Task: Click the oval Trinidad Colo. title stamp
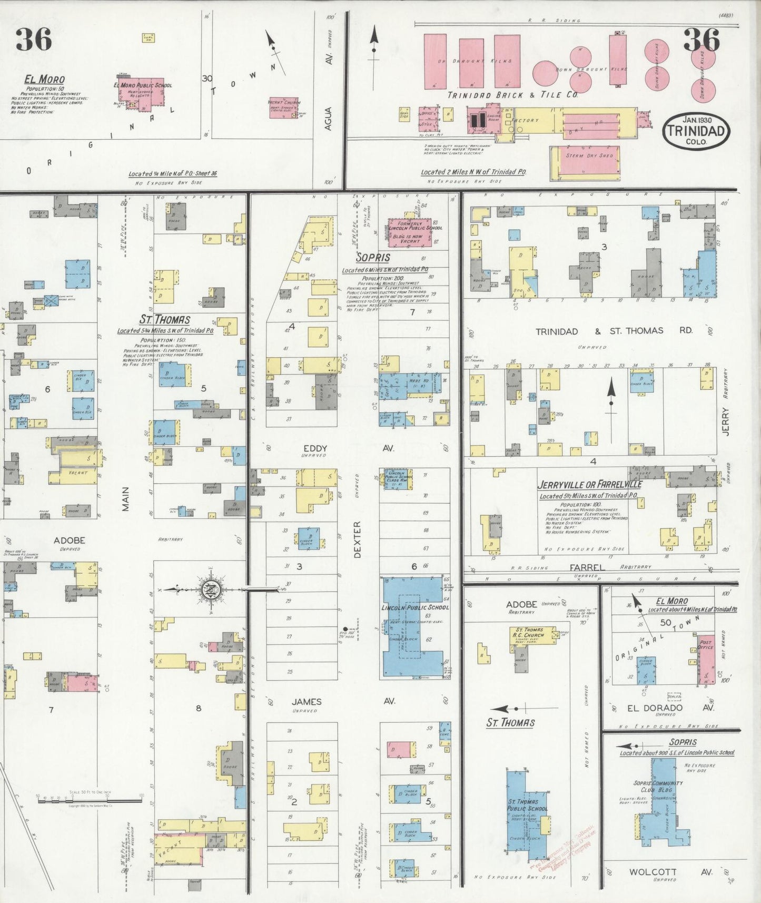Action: point(697,130)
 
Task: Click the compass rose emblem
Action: point(210,589)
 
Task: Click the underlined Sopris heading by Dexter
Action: point(373,257)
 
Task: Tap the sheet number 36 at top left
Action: point(33,40)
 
